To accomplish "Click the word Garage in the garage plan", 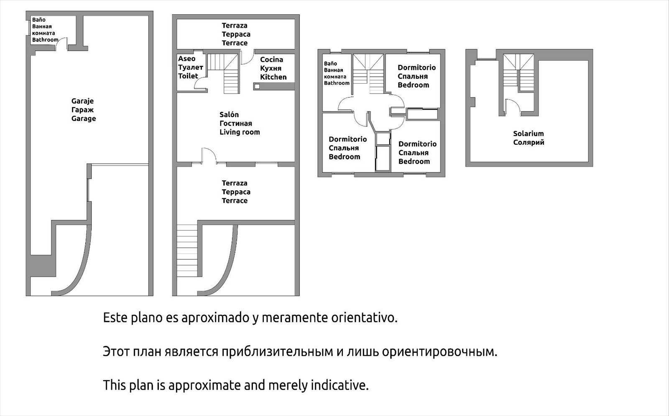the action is (84, 118).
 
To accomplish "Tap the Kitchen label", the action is (273, 77).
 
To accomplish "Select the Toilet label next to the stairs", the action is (188, 76).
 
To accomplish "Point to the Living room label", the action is (240, 132).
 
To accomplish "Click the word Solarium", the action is (529, 134).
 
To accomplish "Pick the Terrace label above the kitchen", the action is (235, 43).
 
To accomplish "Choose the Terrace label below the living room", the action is (235, 201).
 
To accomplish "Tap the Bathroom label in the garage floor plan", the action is (45, 40).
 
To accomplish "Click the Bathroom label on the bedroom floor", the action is (337, 83).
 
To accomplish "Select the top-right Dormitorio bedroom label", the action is (416, 67).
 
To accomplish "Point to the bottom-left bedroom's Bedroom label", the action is (345, 157).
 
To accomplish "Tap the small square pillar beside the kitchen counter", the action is (258, 87).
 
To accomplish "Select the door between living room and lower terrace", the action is (208, 155).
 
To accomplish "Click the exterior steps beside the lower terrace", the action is (186, 250).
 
